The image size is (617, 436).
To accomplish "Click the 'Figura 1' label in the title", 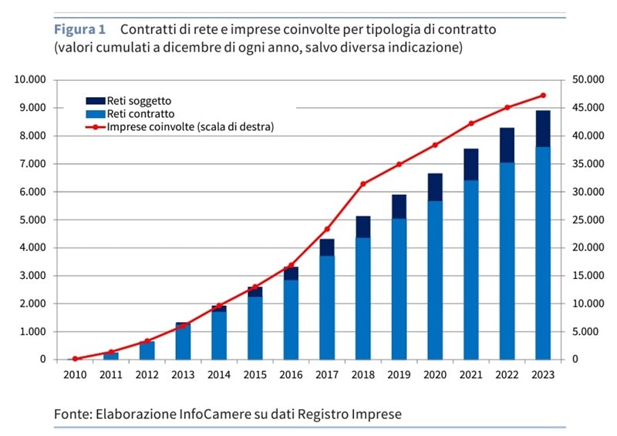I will pyautogui.click(x=79, y=30).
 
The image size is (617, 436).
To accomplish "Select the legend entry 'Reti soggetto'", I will pyautogui.click(x=140, y=100).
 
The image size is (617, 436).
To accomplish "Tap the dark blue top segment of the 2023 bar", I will pyautogui.click(x=543, y=129).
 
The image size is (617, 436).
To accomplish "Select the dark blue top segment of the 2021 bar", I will pyautogui.click(x=470, y=164).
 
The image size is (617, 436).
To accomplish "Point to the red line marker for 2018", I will pyautogui.click(x=363, y=183).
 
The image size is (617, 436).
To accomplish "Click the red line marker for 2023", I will pyautogui.click(x=543, y=96).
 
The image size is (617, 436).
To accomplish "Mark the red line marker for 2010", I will pyautogui.click(x=75, y=359).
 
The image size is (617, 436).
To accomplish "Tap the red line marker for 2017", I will pyautogui.click(x=327, y=229).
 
